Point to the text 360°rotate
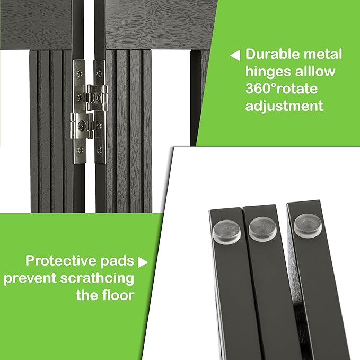pyautogui.click(x=282, y=89)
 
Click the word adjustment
pyautogui.click(x=284, y=106)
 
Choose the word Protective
pyautogui.click(x=60, y=260)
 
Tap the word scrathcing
pyautogui.click(x=97, y=278)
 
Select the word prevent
pyautogui.click(x=30, y=279)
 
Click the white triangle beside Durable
pyautogui.click(x=235, y=55)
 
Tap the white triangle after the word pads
pyautogui.click(x=143, y=262)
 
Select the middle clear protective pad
pyautogui.click(x=262, y=229)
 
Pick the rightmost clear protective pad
pyautogui.click(x=308, y=226)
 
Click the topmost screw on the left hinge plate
pyautogui.click(x=80, y=74)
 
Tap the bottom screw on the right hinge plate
pyautogui.click(x=99, y=151)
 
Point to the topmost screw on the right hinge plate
pyautogui.click(x=98, y=74)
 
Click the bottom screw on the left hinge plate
pyautogui.click(x=80, y=150)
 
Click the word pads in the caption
pyautogui.click(x=117, y=261)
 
